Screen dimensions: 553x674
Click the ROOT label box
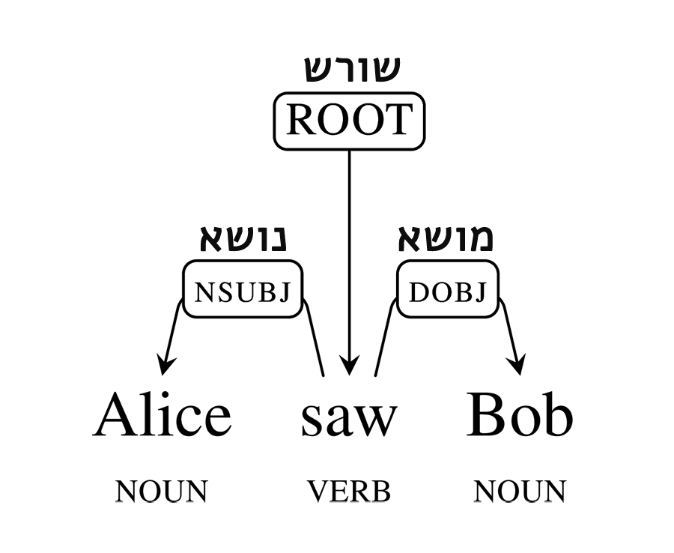[x=348, y=121]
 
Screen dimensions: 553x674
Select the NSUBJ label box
[x=243, y=289]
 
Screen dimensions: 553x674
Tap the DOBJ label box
[x=447, y=289]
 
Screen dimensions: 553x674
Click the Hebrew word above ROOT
[x=352, y=68]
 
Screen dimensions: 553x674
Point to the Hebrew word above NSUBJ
[x=244, y=238]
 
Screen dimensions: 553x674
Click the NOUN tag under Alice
[x=161, y=492]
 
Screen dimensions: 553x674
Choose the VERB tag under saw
[x=349, y=492]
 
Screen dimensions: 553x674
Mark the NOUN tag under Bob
[x=520, y=492]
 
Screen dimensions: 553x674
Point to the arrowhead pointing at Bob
[x=517, y=365]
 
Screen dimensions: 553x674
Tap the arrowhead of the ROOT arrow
[x=347, y=365]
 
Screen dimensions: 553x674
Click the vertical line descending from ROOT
[x=348, y=247]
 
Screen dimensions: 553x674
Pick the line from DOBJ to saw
[x=383, y=341]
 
